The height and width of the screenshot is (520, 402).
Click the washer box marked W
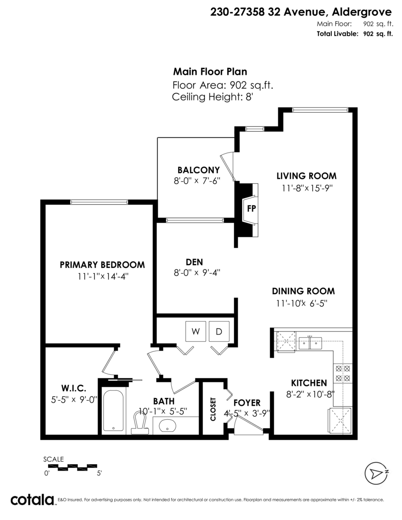[196, 331]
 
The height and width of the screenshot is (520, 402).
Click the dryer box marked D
[219, 331]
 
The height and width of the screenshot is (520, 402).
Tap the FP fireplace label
[252, 209]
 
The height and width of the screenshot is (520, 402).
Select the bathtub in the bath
[114, 411]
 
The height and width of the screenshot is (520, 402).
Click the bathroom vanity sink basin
[167, 426]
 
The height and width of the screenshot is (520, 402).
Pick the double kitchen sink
[310, 343]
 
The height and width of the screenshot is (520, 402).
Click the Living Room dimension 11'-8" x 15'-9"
[307, 188]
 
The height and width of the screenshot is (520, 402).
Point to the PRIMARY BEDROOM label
[102, 265]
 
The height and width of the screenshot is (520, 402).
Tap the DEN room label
[194, 262]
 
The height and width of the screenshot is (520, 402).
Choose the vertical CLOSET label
[213, 409]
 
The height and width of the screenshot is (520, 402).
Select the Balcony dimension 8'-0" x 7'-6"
[197, 181]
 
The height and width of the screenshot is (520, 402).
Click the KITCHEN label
[309, 383]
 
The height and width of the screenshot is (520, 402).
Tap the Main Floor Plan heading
[210, 72]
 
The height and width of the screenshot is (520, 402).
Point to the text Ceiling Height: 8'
[212, 97]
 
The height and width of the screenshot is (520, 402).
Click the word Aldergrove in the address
[362, 12]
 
